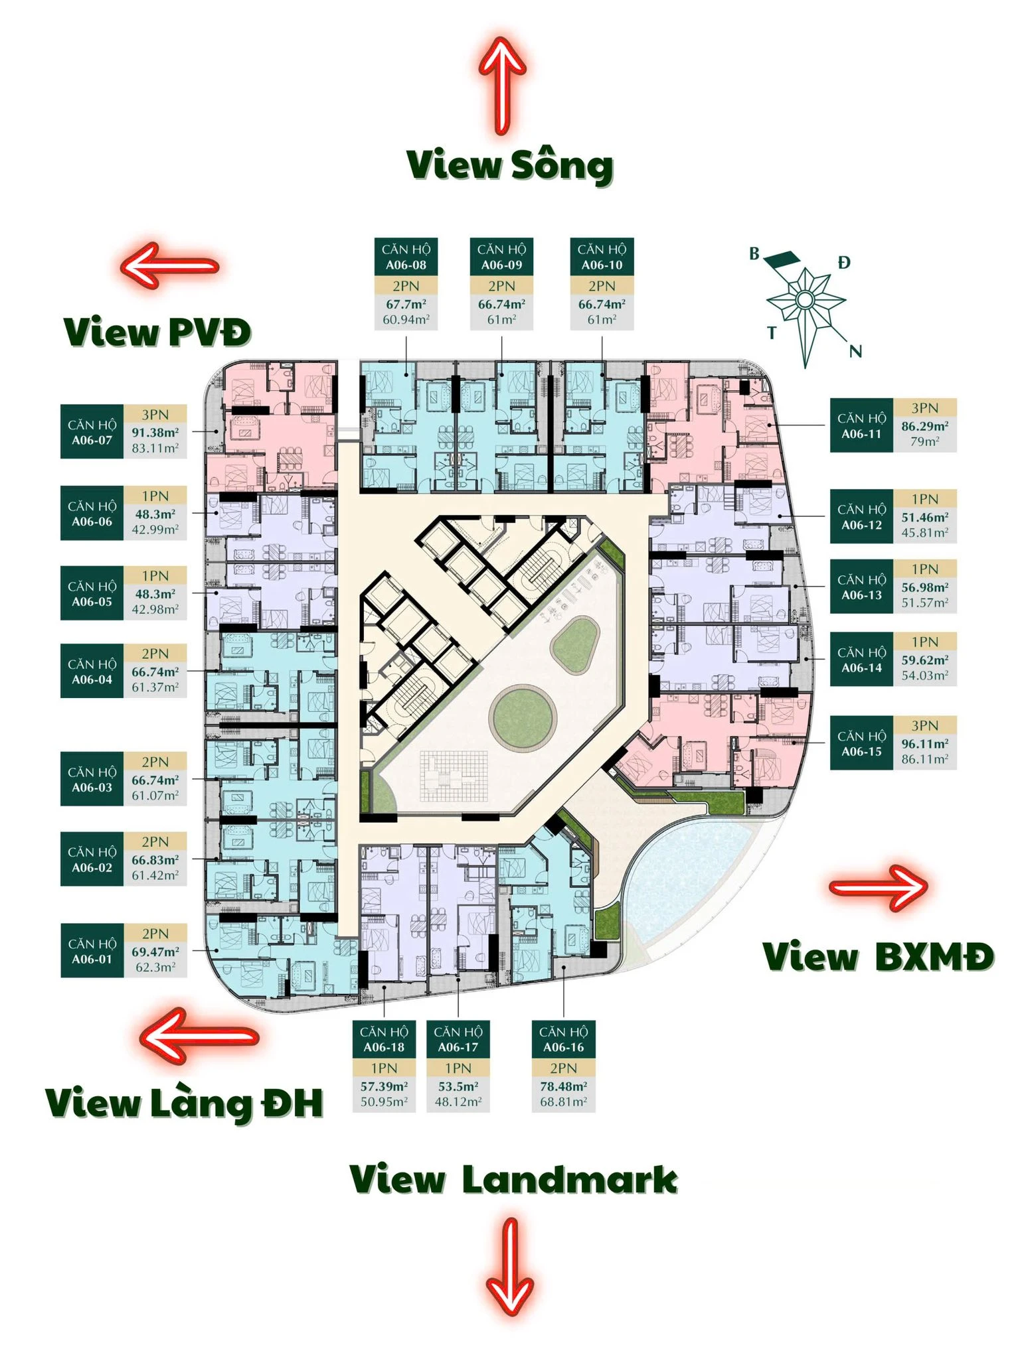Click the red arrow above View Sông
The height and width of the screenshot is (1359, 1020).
click(x=502, y=85)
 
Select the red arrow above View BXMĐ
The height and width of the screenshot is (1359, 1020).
click(x=879, y=887)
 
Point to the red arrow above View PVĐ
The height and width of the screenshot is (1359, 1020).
click(x=169, y=266)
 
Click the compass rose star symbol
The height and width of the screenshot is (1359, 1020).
click(x=805, y=301)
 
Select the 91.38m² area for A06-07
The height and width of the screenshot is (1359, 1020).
click(x=155, y=433)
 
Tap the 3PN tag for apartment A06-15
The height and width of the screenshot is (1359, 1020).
click(x=924, y=725)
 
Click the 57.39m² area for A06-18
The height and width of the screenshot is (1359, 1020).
click(x=384, y=1086)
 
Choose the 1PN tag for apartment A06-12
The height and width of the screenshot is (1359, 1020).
click(x=924, y=499)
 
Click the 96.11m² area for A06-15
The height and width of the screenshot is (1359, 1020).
click(x=924, y=744)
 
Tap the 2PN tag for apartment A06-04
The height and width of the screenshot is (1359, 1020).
click(x=155, y=654)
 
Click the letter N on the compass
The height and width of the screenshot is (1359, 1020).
click(x=855, y=351)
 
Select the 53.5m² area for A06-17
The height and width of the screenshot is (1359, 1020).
click(x=458, y=1086)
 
